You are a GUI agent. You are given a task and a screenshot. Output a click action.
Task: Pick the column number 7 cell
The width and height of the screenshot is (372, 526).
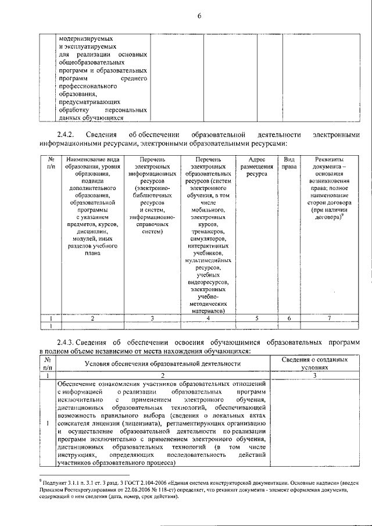[329, 319]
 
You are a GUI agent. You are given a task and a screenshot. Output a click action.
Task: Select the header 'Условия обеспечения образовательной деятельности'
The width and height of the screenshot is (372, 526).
[163, 364]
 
